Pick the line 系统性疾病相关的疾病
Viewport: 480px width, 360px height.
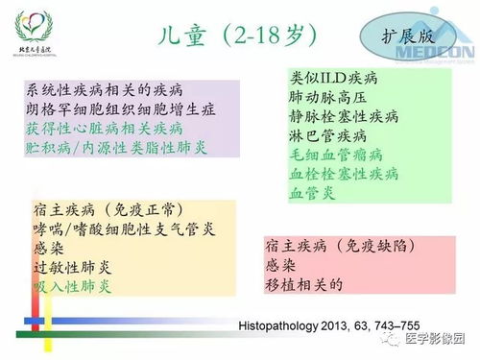tap(105, 89)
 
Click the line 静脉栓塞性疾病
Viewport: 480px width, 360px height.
tap(345, 116)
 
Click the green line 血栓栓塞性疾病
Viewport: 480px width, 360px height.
tap(345, 174)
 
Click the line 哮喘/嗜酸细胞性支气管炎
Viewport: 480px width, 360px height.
tap(126, 228)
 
